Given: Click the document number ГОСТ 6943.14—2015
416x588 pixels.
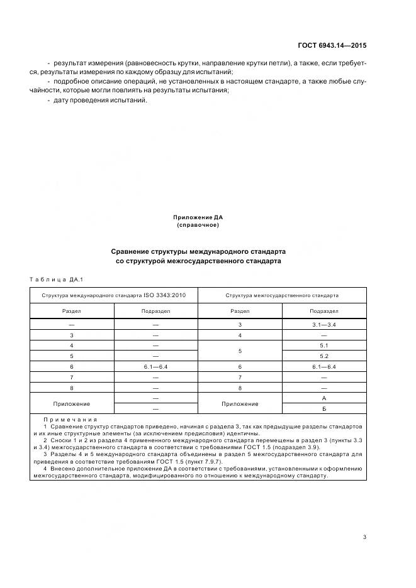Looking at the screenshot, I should [x=332, y=46].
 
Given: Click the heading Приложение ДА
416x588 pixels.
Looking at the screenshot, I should [x=198, y=217].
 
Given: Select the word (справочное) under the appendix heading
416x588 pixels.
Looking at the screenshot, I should [x=198, y=225].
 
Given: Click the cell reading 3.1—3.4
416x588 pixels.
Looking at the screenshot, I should [x=324, y=324].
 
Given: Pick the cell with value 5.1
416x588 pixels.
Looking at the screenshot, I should [x=324, y=346].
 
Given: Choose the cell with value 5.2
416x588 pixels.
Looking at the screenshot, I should [x=324, y=356].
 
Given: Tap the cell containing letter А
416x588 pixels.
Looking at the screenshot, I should [x=324, y=399].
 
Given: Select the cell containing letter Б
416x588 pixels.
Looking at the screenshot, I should [x=324, y=409].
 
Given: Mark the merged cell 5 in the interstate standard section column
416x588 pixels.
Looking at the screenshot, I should [x=240, y=351].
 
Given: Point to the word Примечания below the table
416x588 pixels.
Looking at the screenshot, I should [x=70, y=419].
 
